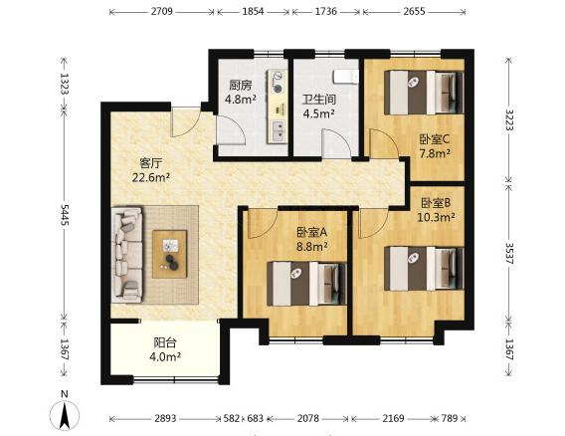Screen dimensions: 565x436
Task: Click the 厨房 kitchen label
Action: (x=241, y=86)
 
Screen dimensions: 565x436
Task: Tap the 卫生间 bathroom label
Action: (x=319, y=100)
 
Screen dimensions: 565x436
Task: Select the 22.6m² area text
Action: (x=151, y=177)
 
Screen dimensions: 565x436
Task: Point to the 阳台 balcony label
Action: (x=165, y=342)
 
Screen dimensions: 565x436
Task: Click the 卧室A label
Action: (x=311, y=232)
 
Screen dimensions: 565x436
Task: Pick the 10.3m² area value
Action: (x=436, y=217)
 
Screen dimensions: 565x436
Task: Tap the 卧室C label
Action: (x=435, y=138)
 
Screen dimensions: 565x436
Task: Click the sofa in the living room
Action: (x=127, y=254)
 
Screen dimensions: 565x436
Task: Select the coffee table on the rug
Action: (x=170, y=254)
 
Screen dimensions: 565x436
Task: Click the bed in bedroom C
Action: (x=424, y=93)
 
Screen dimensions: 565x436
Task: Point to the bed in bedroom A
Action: (x=306, y=284)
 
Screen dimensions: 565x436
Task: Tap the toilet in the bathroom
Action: (x=345, y=77)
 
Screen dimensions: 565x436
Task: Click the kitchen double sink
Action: (x=278, y=131)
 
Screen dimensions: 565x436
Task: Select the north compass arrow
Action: (x=65, y=416)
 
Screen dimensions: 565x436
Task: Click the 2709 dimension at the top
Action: (x=162, y=12)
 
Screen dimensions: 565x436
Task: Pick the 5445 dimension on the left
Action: (x=64, y=215)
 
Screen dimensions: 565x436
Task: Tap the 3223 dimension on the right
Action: (x=509, y=119)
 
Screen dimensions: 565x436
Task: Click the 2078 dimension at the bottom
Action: (x=308, y=418)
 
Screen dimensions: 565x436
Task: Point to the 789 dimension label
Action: (x=450, y=418)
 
